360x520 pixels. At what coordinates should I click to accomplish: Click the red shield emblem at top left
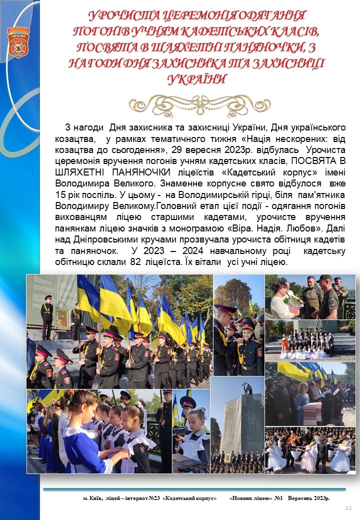[x=18, y=42]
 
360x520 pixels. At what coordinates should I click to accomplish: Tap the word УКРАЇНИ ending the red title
[x=197, y=79]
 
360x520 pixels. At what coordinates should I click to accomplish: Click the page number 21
[x=348, y=508]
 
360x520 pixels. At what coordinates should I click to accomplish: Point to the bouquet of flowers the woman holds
[x=294, y=301]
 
